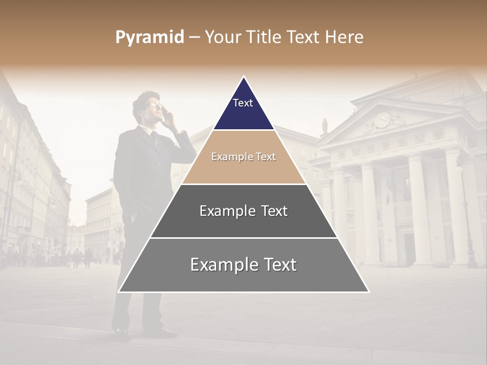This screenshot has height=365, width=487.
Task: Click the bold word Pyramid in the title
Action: pyautogui.click(x=150, y=38)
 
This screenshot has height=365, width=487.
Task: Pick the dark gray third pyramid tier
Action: pyautogui.click(x=243, y=223)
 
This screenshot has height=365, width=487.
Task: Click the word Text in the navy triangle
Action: pyautogui.click(x=243, y=103)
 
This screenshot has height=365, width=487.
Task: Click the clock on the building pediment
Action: pyautogui.click(x=382, y=120)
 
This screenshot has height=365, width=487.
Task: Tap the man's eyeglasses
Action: pyautogui.click(x=154, y=106)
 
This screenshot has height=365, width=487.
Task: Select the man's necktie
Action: pyautogui.click(x=154, y=138)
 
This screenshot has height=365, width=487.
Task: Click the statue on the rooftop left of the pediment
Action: pyautogui.click(x=325, y=126)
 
